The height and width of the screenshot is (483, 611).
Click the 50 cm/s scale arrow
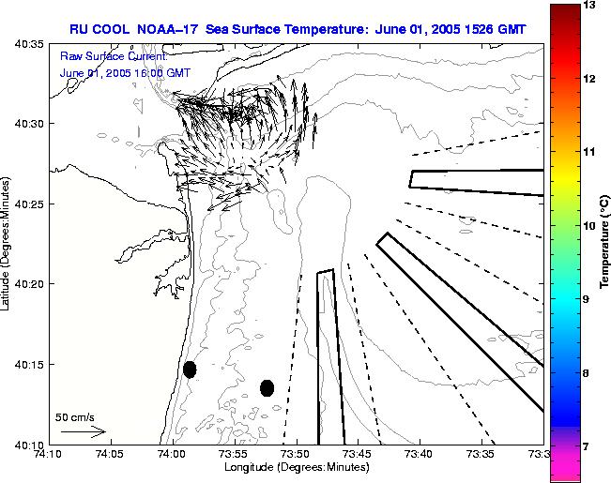[83, 432]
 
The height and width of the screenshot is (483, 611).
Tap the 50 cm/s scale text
[75, 417]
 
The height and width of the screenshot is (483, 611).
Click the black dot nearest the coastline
[190, 370]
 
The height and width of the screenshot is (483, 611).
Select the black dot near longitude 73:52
[267, 387]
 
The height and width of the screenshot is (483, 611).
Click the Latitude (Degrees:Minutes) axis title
[8, 243]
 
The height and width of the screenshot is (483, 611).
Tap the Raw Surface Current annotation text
[114, 57]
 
